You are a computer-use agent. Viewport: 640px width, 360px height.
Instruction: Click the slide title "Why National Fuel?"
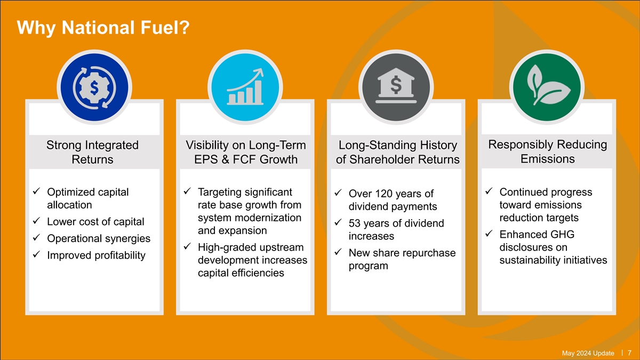click(103, 28)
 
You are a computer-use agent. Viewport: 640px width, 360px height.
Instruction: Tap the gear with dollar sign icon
click(94, 87)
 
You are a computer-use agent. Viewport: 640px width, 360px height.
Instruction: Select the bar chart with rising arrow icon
click(245, 87)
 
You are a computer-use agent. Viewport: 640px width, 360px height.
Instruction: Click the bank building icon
click(396, 85)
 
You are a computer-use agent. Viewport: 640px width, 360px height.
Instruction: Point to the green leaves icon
click(547, 85)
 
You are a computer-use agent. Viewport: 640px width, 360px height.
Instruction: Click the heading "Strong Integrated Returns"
click(93, 152)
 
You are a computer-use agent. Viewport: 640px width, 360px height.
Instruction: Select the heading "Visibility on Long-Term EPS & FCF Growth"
click(246, 152)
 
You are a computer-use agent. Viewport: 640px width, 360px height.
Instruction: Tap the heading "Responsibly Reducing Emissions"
click(547, 151)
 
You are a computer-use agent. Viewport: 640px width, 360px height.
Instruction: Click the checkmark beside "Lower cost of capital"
click(36, 221)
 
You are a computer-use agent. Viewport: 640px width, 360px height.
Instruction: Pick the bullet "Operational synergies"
click(99, 238)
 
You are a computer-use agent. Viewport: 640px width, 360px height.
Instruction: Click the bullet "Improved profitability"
click(97, 255)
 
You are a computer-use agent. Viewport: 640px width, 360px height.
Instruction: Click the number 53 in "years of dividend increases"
click(355, 223)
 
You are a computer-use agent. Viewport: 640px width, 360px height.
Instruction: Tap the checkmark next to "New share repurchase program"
click(338, 252)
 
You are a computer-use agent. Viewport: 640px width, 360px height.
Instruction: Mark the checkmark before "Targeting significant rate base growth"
click(187, 191)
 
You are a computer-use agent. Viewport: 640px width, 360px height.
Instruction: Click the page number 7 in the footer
click(629, 353)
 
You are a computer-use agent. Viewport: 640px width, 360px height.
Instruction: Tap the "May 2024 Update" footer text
click(588, 353)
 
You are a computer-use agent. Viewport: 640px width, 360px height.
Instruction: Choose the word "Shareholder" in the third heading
click(381, 159)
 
